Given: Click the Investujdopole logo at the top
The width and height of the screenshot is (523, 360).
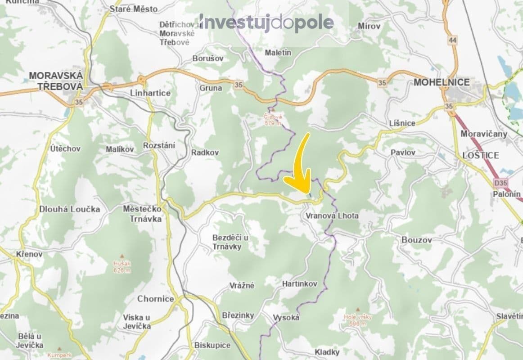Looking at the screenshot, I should point(266,22).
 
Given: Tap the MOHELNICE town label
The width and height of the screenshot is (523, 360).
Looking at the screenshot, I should point(441,82).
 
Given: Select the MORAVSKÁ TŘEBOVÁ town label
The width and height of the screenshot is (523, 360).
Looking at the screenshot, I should point(56,81).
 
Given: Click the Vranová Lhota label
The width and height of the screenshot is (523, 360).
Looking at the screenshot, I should point(332,216).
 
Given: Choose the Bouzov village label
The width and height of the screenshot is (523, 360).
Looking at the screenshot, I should point(416,240).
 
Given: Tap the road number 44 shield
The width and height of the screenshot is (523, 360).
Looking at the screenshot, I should point(452,40).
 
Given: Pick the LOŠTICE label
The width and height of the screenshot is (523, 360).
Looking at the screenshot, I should point(481,155).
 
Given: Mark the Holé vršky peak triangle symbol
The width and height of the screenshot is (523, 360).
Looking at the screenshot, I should point(358,310).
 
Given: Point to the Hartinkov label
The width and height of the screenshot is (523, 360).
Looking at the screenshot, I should point(299,284).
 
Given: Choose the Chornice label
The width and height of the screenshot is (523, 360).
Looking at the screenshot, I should point(156,299).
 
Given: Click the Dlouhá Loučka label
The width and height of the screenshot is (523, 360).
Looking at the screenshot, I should point(70,209).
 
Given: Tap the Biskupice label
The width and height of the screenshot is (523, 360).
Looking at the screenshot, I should point(212,345).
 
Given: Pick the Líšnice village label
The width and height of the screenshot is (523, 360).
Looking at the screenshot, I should point(402,123).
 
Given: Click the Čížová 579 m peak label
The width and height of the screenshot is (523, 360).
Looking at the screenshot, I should point(273,119).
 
